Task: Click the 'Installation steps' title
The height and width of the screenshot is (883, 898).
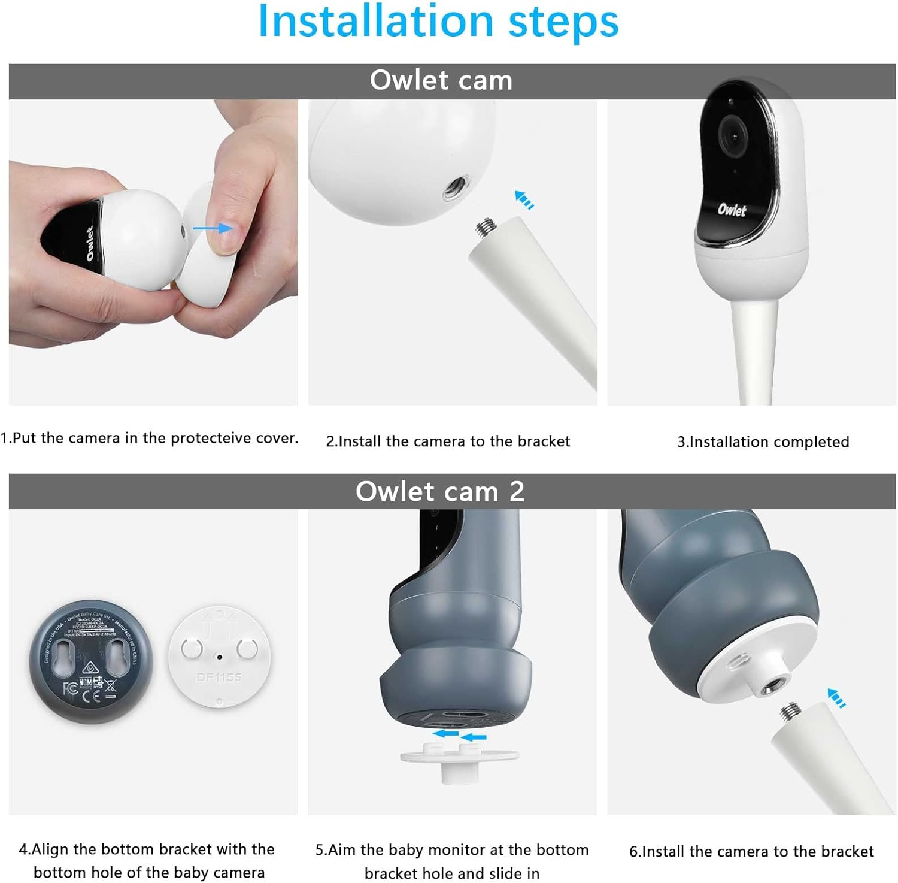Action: pos(438,22)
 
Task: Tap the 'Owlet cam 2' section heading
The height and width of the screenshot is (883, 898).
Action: pos(440,491)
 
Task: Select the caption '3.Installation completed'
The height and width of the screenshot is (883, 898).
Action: pos(763,441)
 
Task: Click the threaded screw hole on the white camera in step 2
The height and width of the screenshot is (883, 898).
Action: pos(456,188)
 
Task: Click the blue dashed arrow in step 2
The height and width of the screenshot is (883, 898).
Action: pos(524,199)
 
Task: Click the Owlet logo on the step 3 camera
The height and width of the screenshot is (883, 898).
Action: pos(732,210)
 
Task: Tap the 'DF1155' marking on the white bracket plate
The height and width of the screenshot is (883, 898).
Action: pos(219,677)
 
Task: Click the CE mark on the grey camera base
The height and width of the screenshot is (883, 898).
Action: pos(90,697)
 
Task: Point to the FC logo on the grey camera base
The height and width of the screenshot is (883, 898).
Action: pos(69,688)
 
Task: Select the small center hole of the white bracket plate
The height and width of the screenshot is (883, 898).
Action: pos(220,657)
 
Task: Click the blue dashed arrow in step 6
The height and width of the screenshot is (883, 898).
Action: pos(836,697)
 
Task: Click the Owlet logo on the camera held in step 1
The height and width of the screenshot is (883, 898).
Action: pos(90,243)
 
